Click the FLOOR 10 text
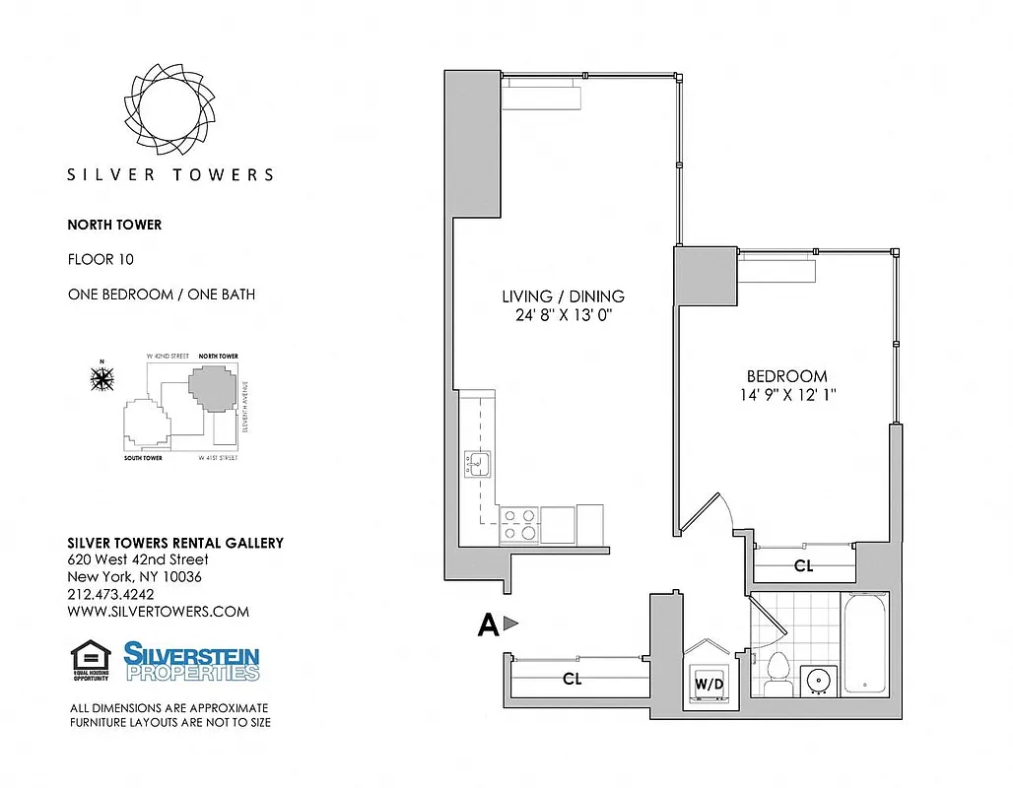100,260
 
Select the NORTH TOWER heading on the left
114,225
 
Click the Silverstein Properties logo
191,661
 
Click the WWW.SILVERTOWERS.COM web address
158,612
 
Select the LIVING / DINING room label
563,296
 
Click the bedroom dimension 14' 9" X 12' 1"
785,395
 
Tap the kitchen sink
478,463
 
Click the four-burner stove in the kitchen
519,523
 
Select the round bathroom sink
817,680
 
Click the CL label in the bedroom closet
803,566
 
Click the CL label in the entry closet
572,679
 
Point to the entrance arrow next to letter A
509,623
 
